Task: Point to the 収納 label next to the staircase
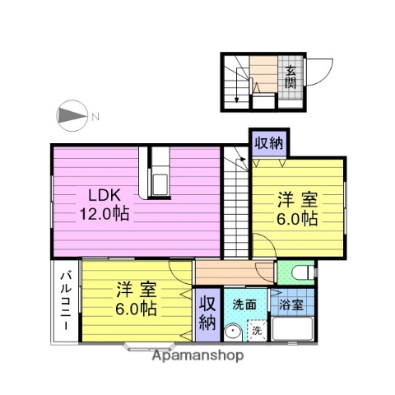pos(267,142)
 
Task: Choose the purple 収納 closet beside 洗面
pos(207,314)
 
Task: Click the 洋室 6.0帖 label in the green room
pos(296,207)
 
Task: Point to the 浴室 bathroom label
pos(293,304)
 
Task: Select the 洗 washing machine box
pos(257,331)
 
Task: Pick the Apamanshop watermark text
pos(197,356)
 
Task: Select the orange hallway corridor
pos(235,272)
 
